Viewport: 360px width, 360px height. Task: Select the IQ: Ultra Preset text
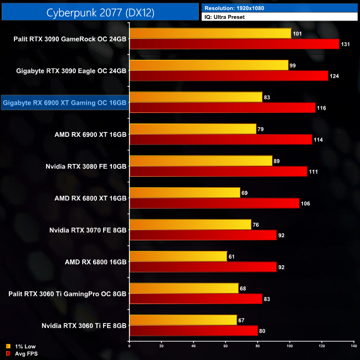pos(224,17)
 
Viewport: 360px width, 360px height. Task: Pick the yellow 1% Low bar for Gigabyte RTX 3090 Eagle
pos(208,65)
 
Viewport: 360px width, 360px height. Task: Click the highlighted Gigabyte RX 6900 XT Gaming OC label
pos(65,102)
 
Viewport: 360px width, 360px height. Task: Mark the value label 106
pos(306,204)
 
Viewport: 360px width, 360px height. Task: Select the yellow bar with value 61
pos(178,256)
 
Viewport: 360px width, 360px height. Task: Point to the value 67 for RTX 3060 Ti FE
pos(243,320)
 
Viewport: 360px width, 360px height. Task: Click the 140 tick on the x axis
pos(353,346)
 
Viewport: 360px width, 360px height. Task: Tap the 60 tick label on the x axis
pos(225,346)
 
